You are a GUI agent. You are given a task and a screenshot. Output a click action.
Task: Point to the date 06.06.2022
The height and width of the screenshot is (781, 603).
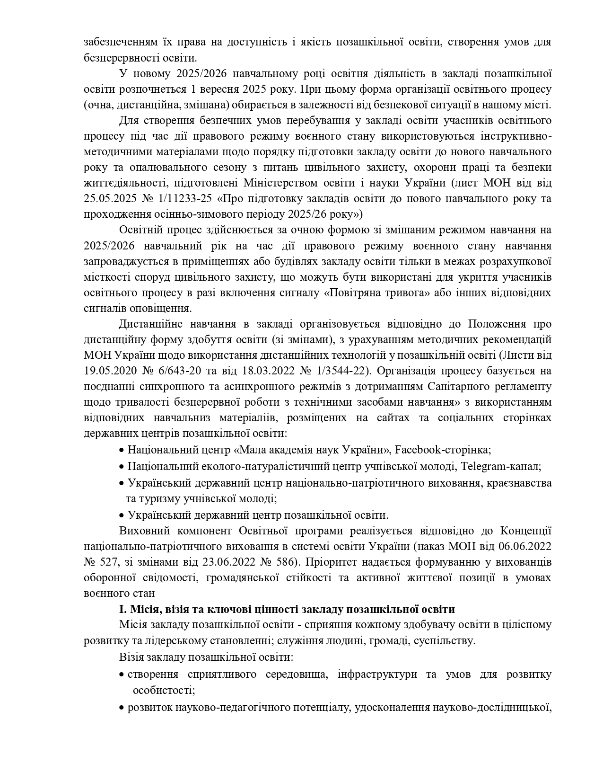[525, 546]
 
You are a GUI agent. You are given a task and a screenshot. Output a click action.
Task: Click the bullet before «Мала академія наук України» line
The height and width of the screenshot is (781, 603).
[122, 450]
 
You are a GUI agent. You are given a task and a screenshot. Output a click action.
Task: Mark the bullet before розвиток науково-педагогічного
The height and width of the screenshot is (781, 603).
[122, 709]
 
